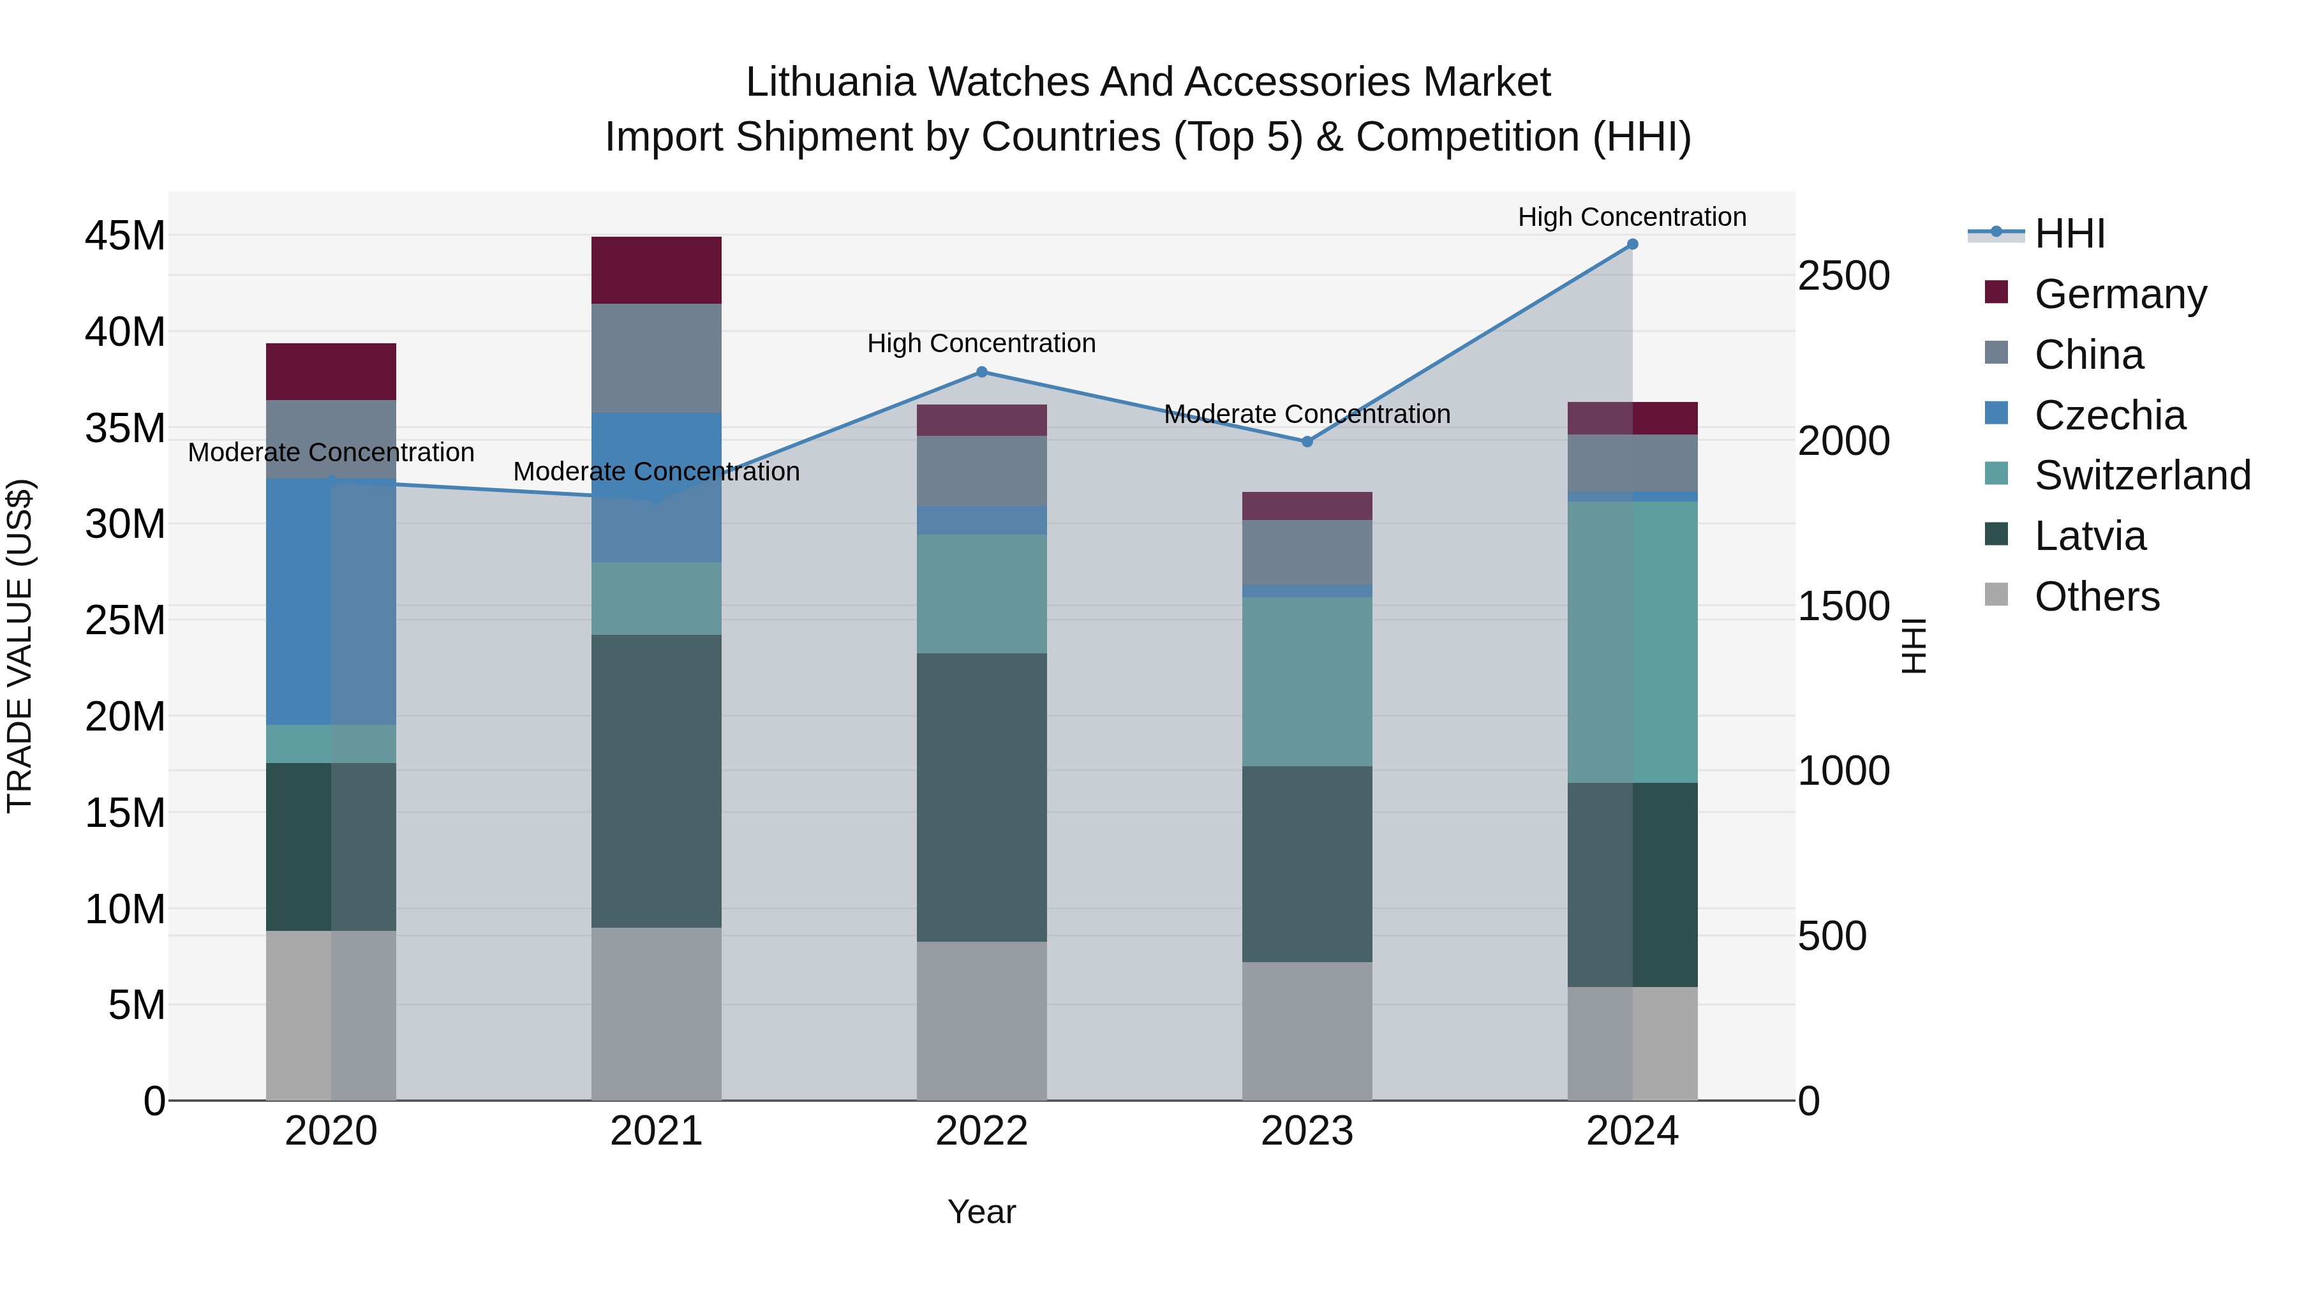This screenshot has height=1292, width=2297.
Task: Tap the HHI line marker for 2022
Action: pos(982,372)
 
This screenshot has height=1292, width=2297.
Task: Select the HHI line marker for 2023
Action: pos(1307,442)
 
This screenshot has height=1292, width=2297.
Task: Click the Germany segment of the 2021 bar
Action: pos(657,270)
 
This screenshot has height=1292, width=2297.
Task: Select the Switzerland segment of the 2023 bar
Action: pos(1307,681)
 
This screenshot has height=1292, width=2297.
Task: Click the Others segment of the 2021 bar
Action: pos(657,1014)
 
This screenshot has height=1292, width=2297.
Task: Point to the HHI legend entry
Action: pos(2069,234)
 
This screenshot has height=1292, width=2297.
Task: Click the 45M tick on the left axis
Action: pos(125,236)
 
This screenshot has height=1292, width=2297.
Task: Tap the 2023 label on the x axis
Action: pos(1307,1131)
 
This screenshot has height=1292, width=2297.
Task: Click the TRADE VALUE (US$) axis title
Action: pos(20,646)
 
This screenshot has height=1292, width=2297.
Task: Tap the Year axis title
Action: pos(982,1212)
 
